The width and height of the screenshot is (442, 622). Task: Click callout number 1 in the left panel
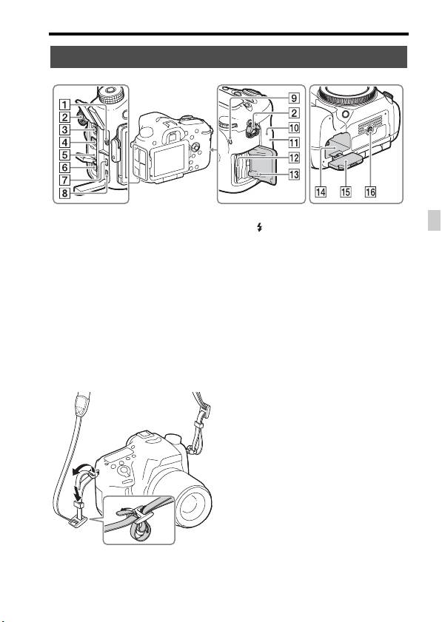coord(64,105)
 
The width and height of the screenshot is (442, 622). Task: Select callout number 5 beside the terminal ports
coord(64,155)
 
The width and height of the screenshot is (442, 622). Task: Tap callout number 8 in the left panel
coord(64,193)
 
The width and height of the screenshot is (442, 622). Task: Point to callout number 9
coord(294,98)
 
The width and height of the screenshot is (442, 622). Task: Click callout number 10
coord(294,128)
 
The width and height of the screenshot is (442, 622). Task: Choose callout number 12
coord(294,158)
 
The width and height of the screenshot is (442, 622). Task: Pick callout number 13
coord(294,174)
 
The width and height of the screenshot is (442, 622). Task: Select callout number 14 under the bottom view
coord(321,192)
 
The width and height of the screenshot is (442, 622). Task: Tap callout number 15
coord(346,192)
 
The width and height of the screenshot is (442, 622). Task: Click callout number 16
coord(370,192)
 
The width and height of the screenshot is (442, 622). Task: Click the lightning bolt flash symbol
coord(259,227)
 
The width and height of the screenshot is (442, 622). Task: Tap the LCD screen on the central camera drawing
coord(170,160)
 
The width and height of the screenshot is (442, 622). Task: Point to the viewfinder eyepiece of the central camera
coord(172,138)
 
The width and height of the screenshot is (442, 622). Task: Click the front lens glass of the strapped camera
coord(193,506)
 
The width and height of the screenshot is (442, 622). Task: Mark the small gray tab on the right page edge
coord(434,220)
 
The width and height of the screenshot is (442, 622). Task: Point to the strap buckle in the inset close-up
coord(140,516)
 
